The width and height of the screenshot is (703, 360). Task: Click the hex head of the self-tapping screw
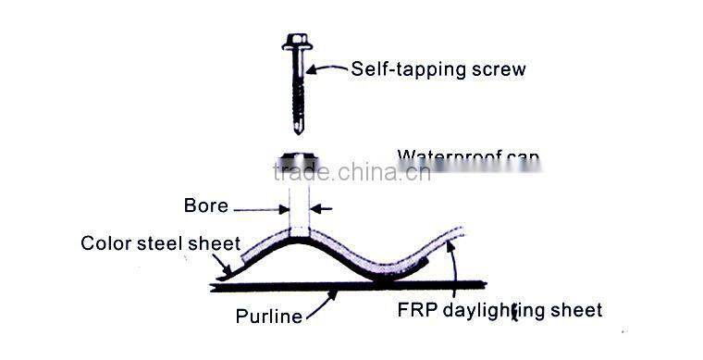point(297,43)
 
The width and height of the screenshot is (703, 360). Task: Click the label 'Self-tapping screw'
point(438,69)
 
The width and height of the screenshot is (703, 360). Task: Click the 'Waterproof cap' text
point(468,156)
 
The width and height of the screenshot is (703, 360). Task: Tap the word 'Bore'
point(206,205)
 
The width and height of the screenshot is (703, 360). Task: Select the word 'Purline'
point(268,317)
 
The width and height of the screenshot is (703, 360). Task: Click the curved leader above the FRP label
point(450,268)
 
